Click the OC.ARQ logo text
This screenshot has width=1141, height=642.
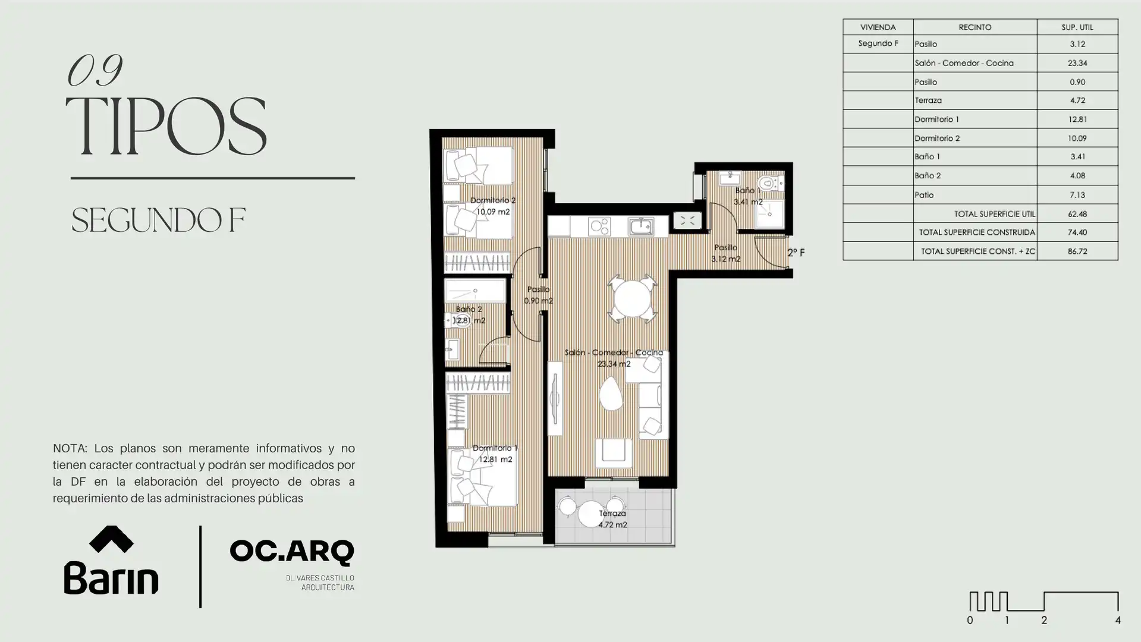click(x=291, y=552)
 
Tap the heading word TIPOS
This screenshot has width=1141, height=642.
click(x=165, y=127)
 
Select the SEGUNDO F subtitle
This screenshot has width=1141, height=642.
click(x=158, y=220)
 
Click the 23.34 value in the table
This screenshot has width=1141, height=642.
click(x=1077, y=63)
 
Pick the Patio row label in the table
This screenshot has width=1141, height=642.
click(x=924, y=195)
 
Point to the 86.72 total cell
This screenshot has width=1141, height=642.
click(x=1077, y=251)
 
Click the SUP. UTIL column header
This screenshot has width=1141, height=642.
click(x=1077, y=27)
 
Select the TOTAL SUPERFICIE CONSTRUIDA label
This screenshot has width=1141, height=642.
click(x=977, y=232)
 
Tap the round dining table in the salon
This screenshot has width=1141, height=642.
click(x=632, y=299)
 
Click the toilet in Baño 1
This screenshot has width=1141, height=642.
click(x=769, y=182)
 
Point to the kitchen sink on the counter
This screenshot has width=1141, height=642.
click(x=641, y=226)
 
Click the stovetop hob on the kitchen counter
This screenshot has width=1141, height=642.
click(x=599, y=226)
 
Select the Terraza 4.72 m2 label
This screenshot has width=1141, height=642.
click(x=612, y=519)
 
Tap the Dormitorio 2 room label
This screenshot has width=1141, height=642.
click(x=493, y=206)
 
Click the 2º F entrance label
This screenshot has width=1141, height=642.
click(x=796, y=253)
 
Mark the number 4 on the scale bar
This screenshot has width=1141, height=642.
click(x=1118, y=620)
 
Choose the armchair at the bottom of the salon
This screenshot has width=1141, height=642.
click(x=614, y=452)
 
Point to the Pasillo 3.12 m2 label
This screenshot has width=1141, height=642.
click(x=725, y=253)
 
